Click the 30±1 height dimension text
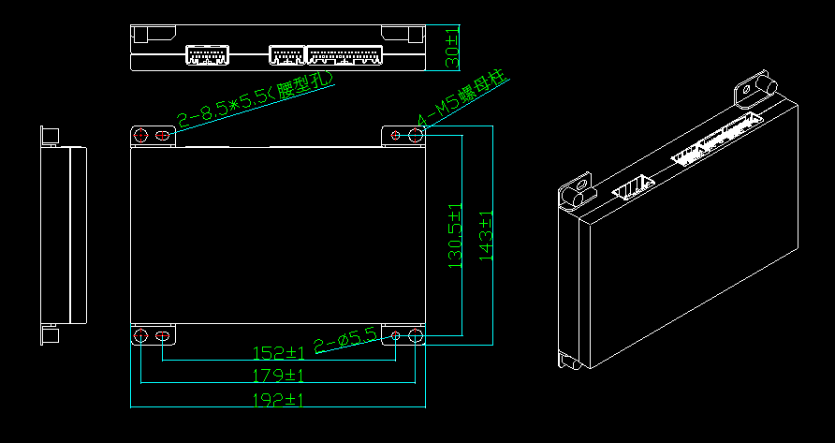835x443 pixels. [453, 48]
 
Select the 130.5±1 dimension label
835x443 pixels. [456, 236]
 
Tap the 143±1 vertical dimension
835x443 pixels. [485, 236]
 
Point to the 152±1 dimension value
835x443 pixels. [280, 353]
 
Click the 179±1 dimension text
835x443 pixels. [280, 376]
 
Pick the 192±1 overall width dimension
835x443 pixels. [280, 400]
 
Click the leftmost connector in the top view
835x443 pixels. [207, 54]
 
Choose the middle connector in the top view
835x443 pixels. [286, 54]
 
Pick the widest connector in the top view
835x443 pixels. [344, 54]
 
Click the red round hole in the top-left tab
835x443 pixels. [141, 136]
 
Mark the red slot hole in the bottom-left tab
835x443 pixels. [163, 336]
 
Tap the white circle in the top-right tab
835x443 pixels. [415, 136]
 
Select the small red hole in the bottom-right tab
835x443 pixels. [396, 335]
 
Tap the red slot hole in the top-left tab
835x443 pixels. [163, 136]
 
